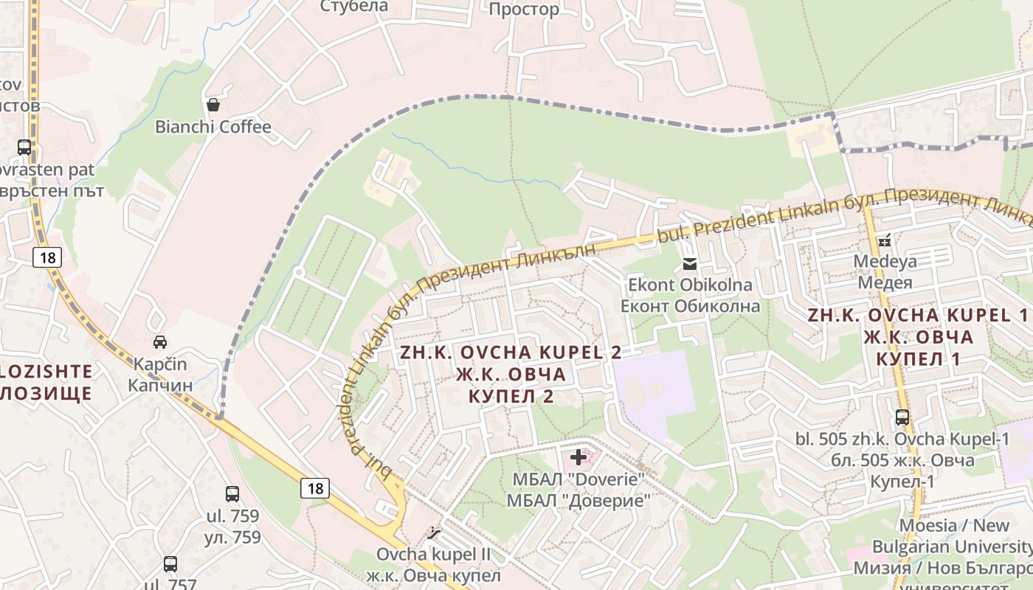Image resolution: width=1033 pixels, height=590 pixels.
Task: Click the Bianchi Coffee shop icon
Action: (x=213, y=105)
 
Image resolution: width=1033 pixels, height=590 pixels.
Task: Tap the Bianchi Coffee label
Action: (x=213, y=127)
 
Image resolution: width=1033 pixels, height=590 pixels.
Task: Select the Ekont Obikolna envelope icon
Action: (x=690, y=264)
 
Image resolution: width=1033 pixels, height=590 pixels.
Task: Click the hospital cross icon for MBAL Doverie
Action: (x=578, y=457)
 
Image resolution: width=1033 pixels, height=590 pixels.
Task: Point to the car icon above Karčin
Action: (x=159, y=342)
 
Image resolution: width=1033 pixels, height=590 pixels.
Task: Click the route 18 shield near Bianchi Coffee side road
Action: (x=46, y=257)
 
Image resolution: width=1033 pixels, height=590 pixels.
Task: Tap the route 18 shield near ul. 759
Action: (x=315, y=487)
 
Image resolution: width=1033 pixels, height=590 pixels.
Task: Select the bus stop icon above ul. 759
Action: (x=232, y=494)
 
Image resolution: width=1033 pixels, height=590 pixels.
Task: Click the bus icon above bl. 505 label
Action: (x=902, y=417)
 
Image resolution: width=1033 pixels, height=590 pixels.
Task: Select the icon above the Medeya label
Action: (x=885, y=240)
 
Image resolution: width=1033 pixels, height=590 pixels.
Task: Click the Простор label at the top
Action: (x=524, y=10)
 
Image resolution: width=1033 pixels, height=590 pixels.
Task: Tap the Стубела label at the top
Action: (x=354, y=7)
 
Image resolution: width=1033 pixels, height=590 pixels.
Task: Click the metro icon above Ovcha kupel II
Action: (x=434, y=532)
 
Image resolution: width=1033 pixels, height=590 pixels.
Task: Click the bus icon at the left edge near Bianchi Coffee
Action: (x=24, y=147)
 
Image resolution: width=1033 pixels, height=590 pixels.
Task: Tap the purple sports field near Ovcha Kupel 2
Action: (x=653, y=387)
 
